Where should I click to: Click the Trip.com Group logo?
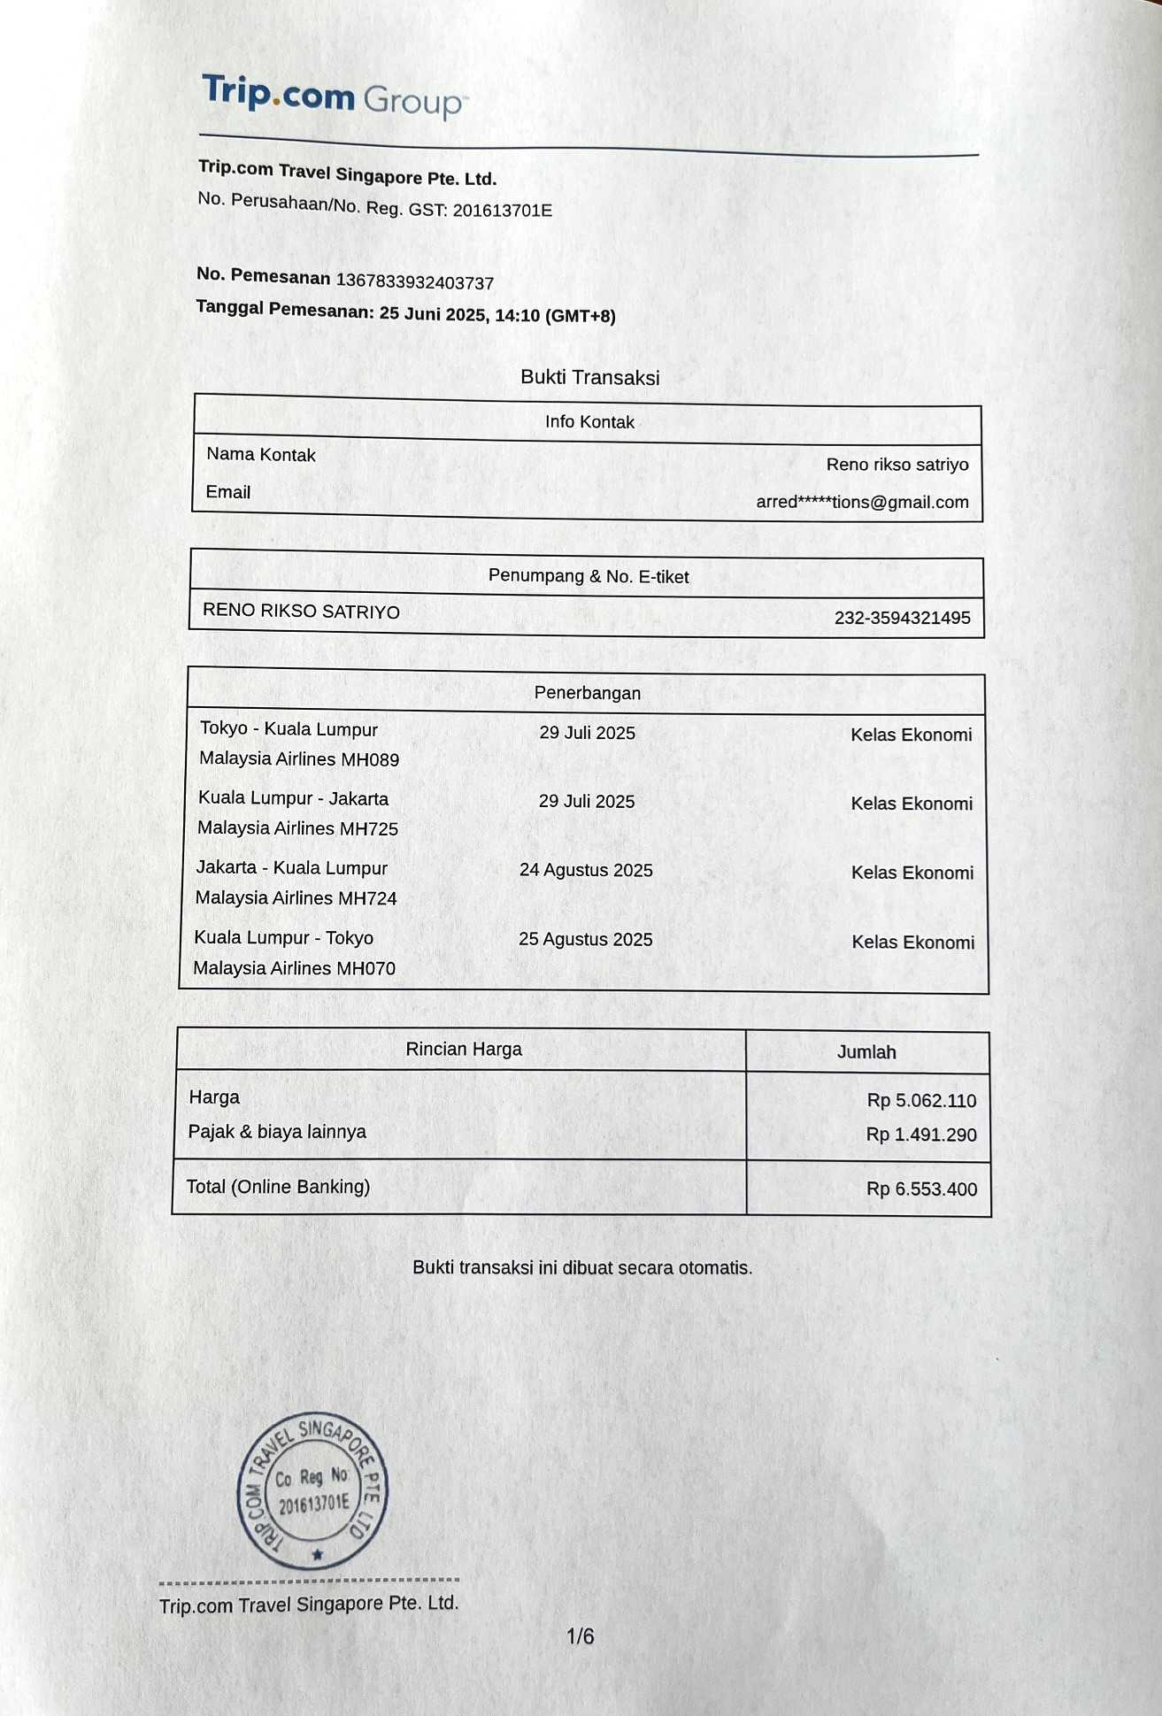click(332, 96)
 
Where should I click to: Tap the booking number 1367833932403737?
click(415, 282)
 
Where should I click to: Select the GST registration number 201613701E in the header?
click(502, 211)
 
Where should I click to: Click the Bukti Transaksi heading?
click(589, 377)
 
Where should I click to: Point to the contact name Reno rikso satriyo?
click(897, 465)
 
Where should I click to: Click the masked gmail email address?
click(862, 502)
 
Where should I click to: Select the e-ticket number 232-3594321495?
click(902, 618)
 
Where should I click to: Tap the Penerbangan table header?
click(587, 693)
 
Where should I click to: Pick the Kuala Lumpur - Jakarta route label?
click(293, 798)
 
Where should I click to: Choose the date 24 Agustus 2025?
click(586, 870)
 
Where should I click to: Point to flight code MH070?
click(366, 968)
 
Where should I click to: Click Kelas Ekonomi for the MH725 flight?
click(912, 804)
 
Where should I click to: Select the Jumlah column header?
click(866, 1052)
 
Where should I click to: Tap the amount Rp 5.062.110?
click(921, 1101)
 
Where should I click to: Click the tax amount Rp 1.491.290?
click(921, 1135)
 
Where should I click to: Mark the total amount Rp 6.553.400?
click(921, 1189)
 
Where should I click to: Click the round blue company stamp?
click(312, 1492)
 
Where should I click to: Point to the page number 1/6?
click(581, 1636)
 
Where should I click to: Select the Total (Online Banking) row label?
click(278, 1187)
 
